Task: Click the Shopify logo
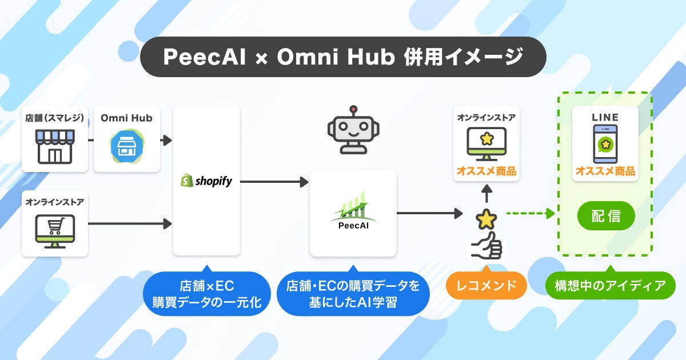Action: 206,181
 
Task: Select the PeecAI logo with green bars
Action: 353,209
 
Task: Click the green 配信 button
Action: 606,215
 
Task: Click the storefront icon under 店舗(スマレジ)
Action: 55,146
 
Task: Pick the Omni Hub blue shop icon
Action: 126,146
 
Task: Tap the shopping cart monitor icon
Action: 55,230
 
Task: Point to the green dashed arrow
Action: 531,214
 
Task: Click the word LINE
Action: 606,117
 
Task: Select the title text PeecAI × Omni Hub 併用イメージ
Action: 343,57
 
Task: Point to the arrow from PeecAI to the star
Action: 429,214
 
